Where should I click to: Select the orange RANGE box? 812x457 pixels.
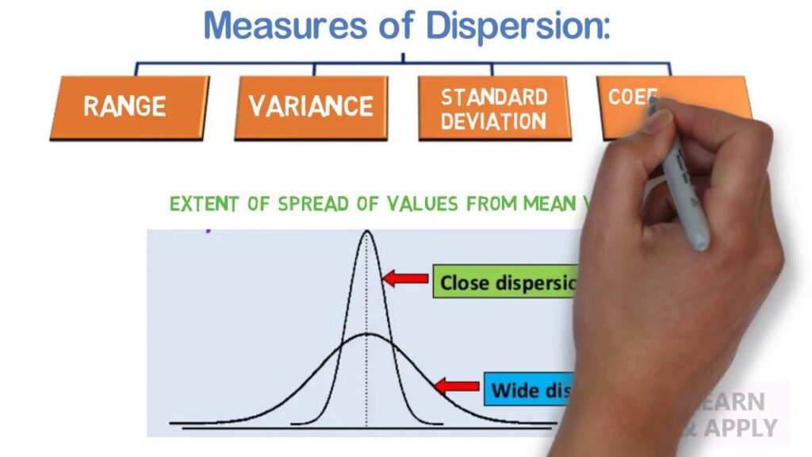click(127, 107)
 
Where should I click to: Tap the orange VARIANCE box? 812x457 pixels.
click(311, 107)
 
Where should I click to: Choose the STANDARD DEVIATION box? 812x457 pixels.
click(494, 108)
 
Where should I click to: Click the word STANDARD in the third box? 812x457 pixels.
click(494, 97)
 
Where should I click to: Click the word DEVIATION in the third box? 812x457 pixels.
click(494, 121)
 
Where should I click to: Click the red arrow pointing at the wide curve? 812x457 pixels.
click(457, 386)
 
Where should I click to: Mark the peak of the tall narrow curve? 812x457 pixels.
click(366, 232)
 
